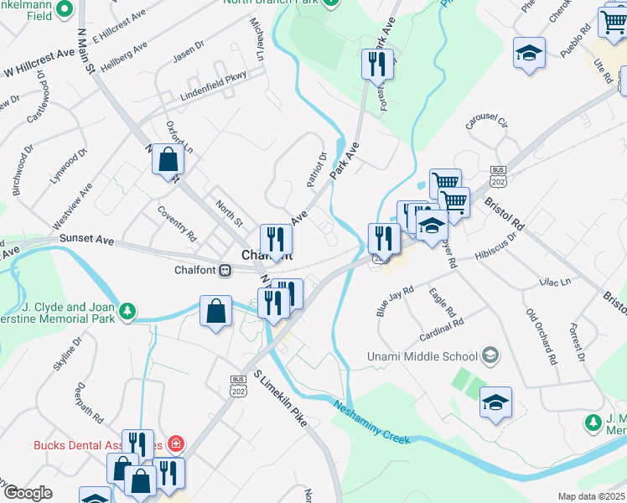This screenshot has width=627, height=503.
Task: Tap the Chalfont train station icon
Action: (225, 270)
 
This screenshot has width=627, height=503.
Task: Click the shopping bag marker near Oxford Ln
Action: (168, 158)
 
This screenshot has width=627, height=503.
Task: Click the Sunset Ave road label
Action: (86, 240)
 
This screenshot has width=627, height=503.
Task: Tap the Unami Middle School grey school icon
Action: (490, 356)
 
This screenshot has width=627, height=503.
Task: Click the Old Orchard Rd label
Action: (541, 336)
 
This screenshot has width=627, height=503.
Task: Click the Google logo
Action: (28, 493)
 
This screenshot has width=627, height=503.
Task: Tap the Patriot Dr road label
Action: (315, 169)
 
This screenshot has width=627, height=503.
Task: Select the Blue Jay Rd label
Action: (396, 302)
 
